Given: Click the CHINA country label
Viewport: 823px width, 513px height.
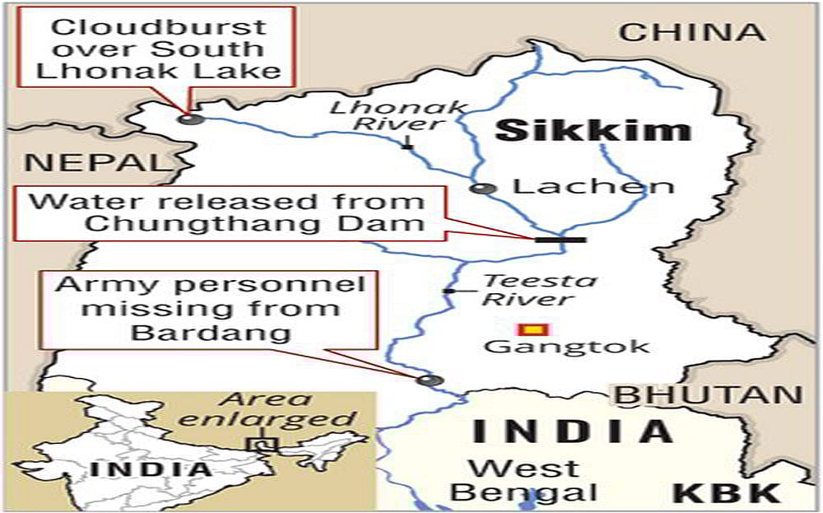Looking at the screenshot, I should [x=692, y=32].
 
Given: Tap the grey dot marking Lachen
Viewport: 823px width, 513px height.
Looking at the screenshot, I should [x=483, y=189].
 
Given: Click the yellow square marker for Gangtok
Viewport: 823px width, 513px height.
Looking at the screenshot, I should [x=535, y=330].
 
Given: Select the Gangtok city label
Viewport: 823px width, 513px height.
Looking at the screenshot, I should [x=566, y=347].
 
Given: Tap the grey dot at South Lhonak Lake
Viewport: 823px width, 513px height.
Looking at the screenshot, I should [x=191, y=119].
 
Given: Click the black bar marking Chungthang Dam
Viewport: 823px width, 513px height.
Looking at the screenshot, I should [x=560, y=240].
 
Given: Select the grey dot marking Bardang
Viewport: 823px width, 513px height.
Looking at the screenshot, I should [x=429, y=380].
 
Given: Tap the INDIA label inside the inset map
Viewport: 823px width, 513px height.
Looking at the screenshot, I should [x=150, y=469].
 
